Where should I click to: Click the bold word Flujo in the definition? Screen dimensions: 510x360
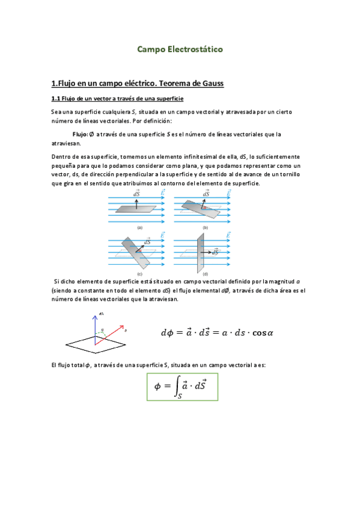coord(79,134)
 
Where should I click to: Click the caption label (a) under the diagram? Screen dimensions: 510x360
coord(139,227)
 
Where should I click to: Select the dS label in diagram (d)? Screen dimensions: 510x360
coord(206,233)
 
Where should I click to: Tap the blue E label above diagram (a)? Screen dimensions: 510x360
coord(162,194)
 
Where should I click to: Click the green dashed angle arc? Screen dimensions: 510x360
coord(102,331)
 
